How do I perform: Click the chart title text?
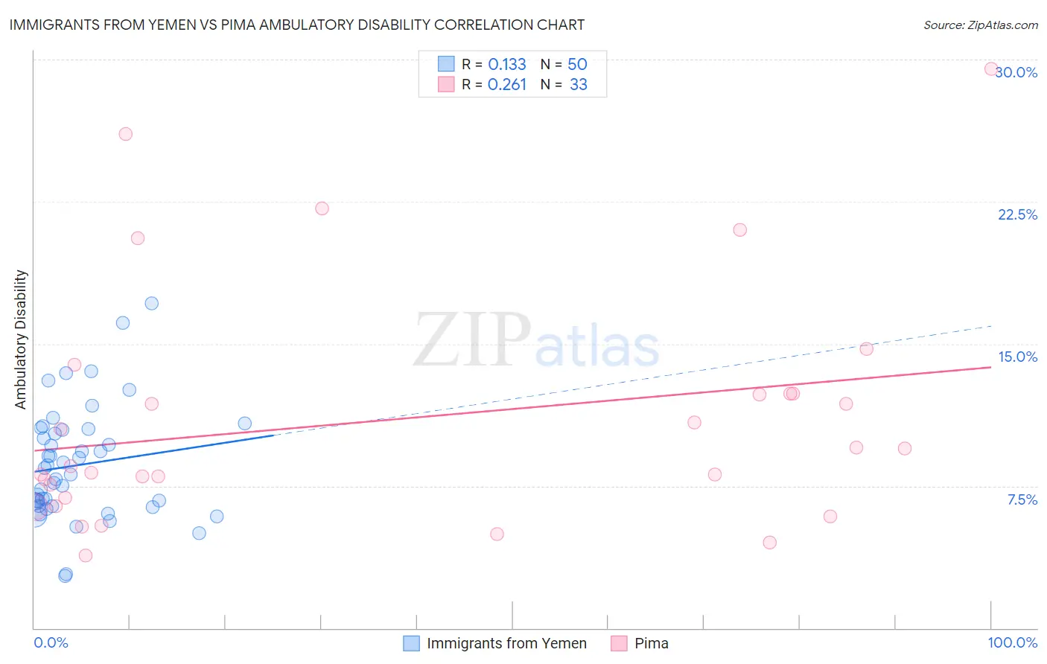[296, 25]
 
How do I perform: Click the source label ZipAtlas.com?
[980, 25]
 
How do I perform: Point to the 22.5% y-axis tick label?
[1017, 214]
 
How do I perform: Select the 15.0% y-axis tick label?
[1017, 357]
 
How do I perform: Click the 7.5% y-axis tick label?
[1022, 499]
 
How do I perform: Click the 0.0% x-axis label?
[51, 642]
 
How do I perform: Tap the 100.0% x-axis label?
[1012, 642]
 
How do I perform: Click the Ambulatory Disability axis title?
[21, 339]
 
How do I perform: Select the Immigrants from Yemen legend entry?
[506, 643]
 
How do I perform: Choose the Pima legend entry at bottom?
[651, 643]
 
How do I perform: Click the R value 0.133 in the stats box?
[507, 65]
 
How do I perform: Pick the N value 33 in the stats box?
[579, 85]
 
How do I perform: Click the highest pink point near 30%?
[991, 68]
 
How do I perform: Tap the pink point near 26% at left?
[126, 134]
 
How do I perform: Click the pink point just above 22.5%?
[322, 208]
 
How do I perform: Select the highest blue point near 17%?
[152, 303]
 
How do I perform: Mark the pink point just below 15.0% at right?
[866, 348]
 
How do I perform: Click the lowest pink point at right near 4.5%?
[770, 543]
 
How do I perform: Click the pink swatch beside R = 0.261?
[446, 84]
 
